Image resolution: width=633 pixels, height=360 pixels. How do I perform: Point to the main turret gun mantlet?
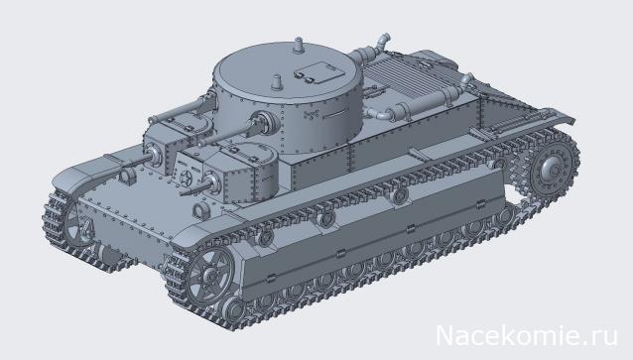point(265,123)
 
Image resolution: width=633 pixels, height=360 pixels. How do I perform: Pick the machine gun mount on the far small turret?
point(156,154)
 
